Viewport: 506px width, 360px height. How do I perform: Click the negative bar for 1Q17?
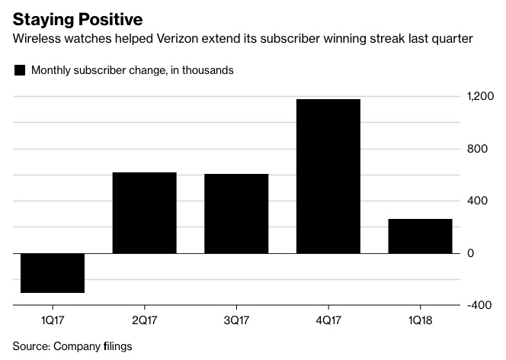tap(52, 272)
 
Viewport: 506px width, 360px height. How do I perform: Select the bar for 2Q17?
tap(144, 213)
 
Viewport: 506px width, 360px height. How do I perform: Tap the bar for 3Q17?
tap(236, 214)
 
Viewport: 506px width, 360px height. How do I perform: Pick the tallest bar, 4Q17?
tap(328, 176)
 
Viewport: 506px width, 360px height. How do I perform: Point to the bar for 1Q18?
tap(420, 236)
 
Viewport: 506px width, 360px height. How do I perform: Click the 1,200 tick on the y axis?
tap(481, 97)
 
